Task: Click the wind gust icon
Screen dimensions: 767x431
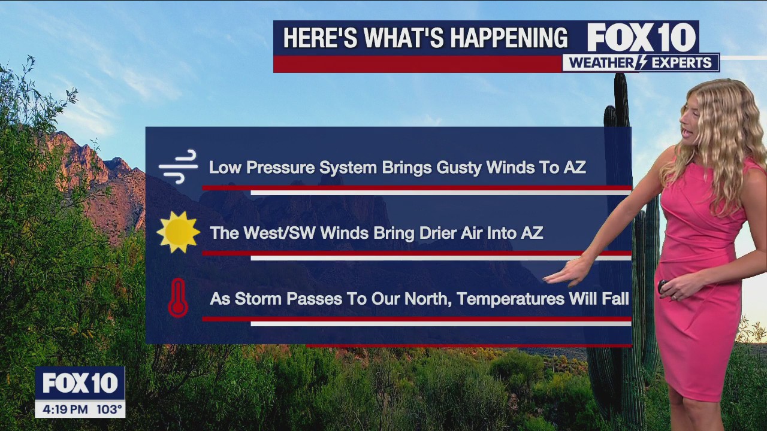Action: [179, 166]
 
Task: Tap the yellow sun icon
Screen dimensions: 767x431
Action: [179, 232]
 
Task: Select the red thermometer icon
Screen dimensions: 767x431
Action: [178, 298]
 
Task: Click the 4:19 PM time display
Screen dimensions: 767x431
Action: [65, 409]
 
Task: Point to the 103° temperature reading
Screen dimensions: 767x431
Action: [109, 409]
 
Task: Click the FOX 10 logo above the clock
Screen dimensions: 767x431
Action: [80, 383]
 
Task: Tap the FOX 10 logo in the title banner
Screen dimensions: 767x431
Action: [641, 38]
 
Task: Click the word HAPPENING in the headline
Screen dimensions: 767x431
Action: [509, 38]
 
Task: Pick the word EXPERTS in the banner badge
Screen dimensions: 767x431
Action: [681, 63]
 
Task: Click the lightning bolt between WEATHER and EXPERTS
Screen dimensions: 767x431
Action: [642, 63]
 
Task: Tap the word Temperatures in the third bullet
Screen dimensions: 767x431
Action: [511, 299]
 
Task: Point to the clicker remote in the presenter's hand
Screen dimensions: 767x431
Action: [662, 286]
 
